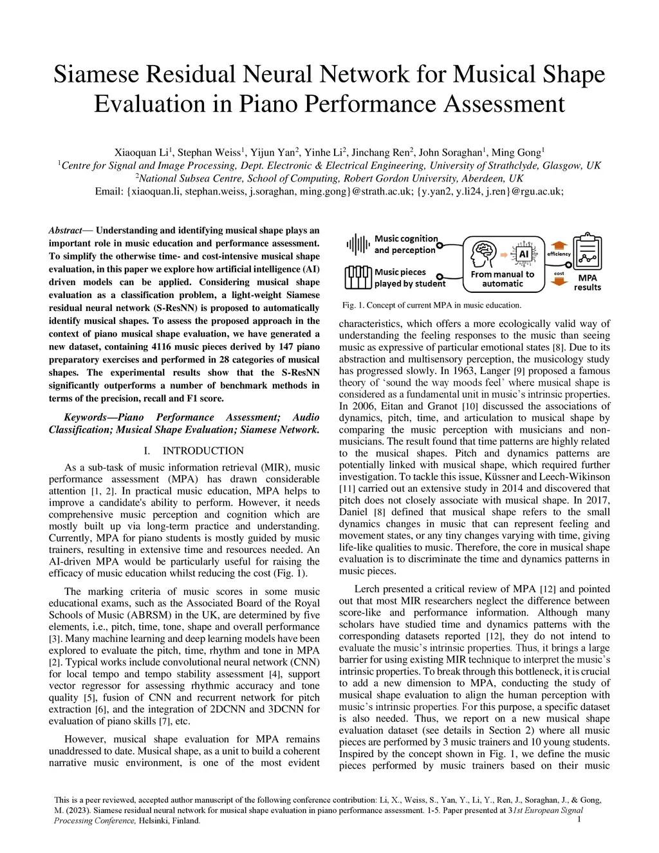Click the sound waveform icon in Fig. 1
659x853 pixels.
point(357,244)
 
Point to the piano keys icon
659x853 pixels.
point(358,277)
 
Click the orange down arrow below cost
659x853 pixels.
point(559,282)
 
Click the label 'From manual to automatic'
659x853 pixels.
point(503,279)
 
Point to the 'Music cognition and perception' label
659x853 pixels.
point(406,244)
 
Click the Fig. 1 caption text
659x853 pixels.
point(431,305)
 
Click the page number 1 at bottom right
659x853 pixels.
point(580,819)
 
